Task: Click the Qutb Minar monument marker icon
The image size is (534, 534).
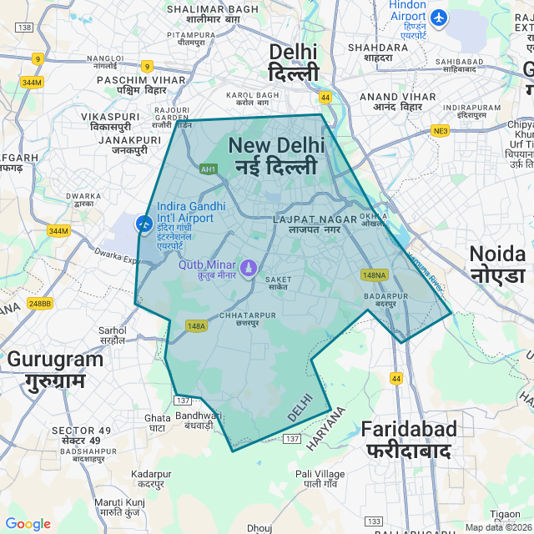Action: [248, 267]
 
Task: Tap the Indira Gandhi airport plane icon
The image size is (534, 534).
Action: [144, 224]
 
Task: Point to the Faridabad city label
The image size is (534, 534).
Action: [409, 440]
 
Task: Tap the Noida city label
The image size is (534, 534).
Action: [497, 264]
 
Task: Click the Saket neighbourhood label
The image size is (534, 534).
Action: [278, 283]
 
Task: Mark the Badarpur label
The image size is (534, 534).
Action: [385, 300]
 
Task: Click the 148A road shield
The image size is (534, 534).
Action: [197, 326]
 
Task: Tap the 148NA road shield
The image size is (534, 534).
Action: [375, 275]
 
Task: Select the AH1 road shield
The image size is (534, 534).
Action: [209, 169]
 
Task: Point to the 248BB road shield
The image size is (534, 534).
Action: [39, 304]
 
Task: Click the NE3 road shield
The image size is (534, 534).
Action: [441, 131]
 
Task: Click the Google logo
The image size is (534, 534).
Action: [28, 524]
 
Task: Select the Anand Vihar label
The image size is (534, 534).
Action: [398, 102]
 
